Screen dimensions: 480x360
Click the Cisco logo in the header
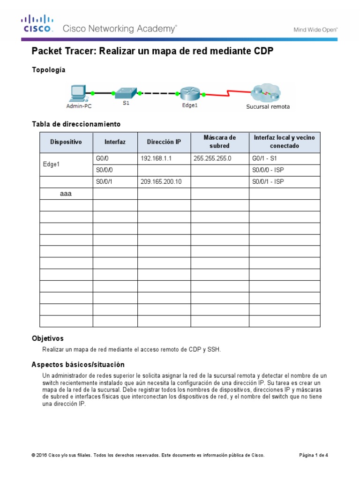coord(37,24)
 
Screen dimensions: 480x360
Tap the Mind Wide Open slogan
coord(315,29)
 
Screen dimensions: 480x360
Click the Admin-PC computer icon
coord(77,93)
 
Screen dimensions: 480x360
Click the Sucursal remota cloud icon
coord(266,93)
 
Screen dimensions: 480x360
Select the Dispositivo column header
coord(66,142)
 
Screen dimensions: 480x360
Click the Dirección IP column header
coord(164,142)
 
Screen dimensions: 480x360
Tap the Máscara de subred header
coord(219,142)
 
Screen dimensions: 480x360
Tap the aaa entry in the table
coord(66,193)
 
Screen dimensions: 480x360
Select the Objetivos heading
coord(47,338)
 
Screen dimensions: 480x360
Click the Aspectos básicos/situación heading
coord(78,365)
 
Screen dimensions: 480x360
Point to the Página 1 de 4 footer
coord(314,455)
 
